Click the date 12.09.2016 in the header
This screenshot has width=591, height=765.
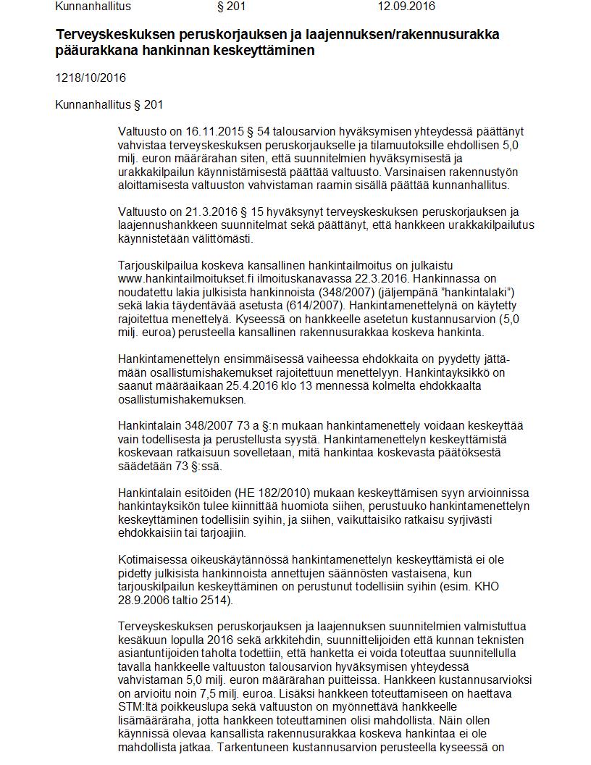tap(406, 7)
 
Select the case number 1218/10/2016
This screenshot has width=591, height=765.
tap(85, 78)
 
